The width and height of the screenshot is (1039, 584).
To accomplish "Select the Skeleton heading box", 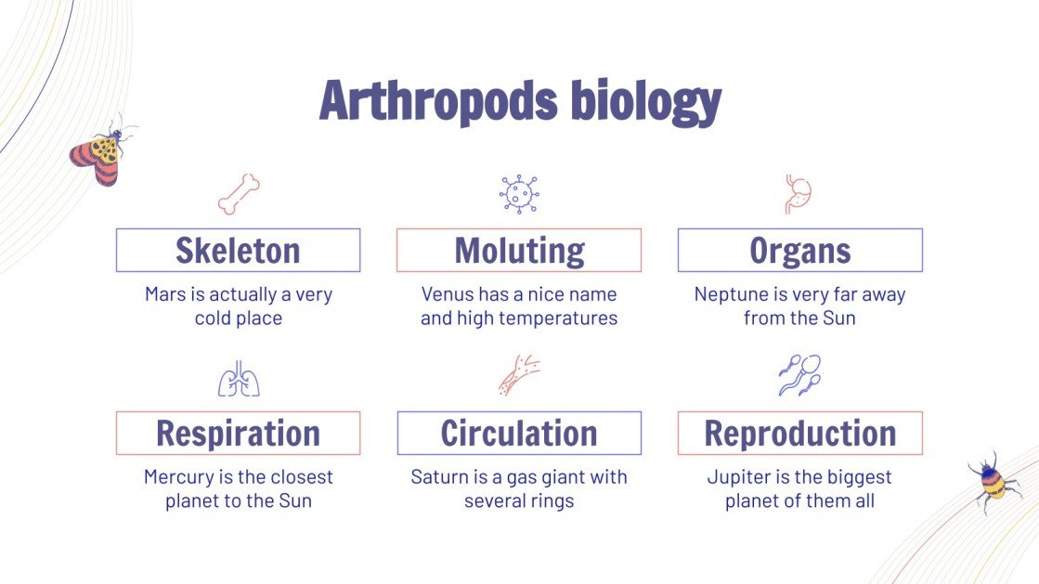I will point(238,251).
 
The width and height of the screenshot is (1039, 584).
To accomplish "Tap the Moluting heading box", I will point(519,251).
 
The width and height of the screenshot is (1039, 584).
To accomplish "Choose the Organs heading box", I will point(799,251).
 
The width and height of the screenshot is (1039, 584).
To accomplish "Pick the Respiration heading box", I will point(238,434).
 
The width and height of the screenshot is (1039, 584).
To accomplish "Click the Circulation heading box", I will point(519,434).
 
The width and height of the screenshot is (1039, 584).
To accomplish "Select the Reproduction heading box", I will point(799,434).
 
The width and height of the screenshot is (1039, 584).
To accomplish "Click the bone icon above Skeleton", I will point(239,194).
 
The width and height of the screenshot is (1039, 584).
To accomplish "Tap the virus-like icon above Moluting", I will point(519,194).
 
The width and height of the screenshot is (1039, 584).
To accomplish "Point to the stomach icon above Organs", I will point(799,194).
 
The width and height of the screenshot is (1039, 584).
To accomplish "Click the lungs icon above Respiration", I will point(239,378).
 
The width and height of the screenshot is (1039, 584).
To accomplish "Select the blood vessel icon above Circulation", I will point(519,375).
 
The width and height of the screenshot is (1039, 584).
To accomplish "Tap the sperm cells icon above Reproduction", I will point(799,375).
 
